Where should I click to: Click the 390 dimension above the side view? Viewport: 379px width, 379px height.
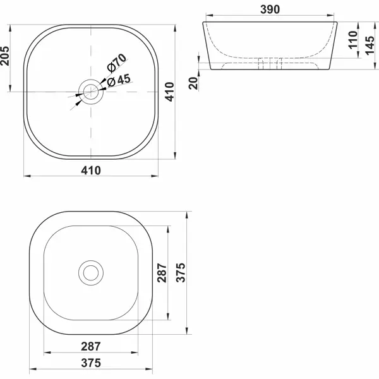point(270,9)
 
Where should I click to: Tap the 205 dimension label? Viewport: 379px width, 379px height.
point(5,56)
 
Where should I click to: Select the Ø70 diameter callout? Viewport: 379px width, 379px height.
point(117,63)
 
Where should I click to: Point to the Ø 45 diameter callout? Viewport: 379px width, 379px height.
point(119,80)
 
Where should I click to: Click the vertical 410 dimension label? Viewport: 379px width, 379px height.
point(170,92)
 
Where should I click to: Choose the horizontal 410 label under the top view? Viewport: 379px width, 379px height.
point(91,171)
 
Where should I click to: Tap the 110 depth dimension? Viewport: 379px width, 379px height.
point(353,40)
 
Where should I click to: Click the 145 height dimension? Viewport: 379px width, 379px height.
point(370,45)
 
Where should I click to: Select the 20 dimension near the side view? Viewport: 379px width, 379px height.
point(193,83)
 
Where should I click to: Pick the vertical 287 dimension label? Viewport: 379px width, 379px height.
point(162,273)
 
